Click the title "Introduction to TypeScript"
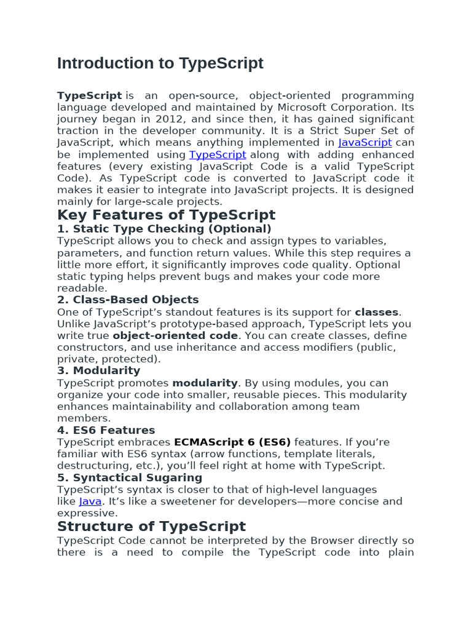[160, 63]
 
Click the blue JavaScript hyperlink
[365, 143]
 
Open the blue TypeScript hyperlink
[218, 154]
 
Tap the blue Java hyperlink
[90, 501]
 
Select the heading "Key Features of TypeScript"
[166, 215]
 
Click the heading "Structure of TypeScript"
[151, 527]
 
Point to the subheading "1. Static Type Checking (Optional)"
[164, 229]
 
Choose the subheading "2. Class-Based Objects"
[128, 300]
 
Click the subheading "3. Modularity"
[98, 370]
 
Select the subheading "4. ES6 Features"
[106, 430]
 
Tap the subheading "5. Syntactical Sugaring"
[129, 477]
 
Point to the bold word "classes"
[377, 312]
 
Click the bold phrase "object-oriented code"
[175, 336]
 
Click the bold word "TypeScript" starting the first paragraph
[89, 95]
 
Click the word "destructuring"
[92, 466]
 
